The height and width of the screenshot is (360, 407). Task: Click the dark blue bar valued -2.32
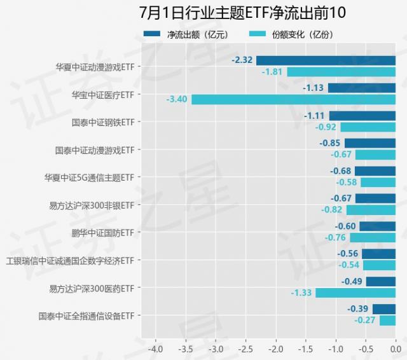point(326,60)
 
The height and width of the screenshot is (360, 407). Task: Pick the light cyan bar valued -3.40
point(293,99)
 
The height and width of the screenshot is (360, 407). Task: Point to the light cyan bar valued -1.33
point(355,293)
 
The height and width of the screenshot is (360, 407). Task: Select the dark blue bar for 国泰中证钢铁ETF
point(362,116)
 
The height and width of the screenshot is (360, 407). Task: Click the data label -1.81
point(272,72)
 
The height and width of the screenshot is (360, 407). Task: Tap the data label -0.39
point(357,309)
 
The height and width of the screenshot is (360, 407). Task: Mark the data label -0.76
point(335,238)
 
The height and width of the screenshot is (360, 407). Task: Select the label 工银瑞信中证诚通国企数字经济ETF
point(70,260)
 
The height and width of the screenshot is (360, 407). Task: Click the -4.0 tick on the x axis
point(155,349)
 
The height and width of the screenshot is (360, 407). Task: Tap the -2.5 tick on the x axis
point(245,349)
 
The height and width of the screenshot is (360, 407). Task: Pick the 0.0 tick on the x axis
point(395,349)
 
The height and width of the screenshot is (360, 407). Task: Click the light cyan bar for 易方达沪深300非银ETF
point(371,210)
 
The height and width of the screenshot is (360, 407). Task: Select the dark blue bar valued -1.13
point(362,88)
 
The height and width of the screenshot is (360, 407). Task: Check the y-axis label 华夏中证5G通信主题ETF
point(89,177)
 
